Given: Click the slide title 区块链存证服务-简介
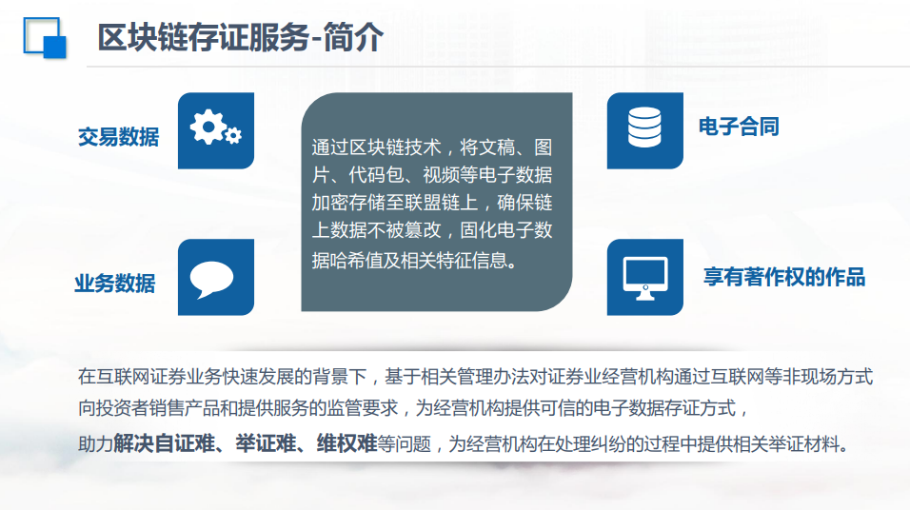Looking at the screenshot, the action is click(x=240, y=37).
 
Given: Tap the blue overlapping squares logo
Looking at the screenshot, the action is click(x=45, y=38).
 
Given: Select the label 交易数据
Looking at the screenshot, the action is click(x=118, y=137).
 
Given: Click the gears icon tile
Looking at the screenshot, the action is click(x=216, y=130).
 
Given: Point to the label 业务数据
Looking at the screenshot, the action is click(x=115, y=284).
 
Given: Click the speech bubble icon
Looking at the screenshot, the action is click(x=212, y=279).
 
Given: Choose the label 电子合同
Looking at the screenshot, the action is click(x=739, y=127).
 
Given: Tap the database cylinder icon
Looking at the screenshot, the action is click(x=644, y=127).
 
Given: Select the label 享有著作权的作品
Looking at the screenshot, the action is click(x=784, y=277).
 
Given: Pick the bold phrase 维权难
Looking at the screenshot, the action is click(x=347, y=443).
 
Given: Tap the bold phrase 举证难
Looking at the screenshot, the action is click(x=267, y=443).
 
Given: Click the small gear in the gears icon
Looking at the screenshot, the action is click(x=233, y=136).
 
